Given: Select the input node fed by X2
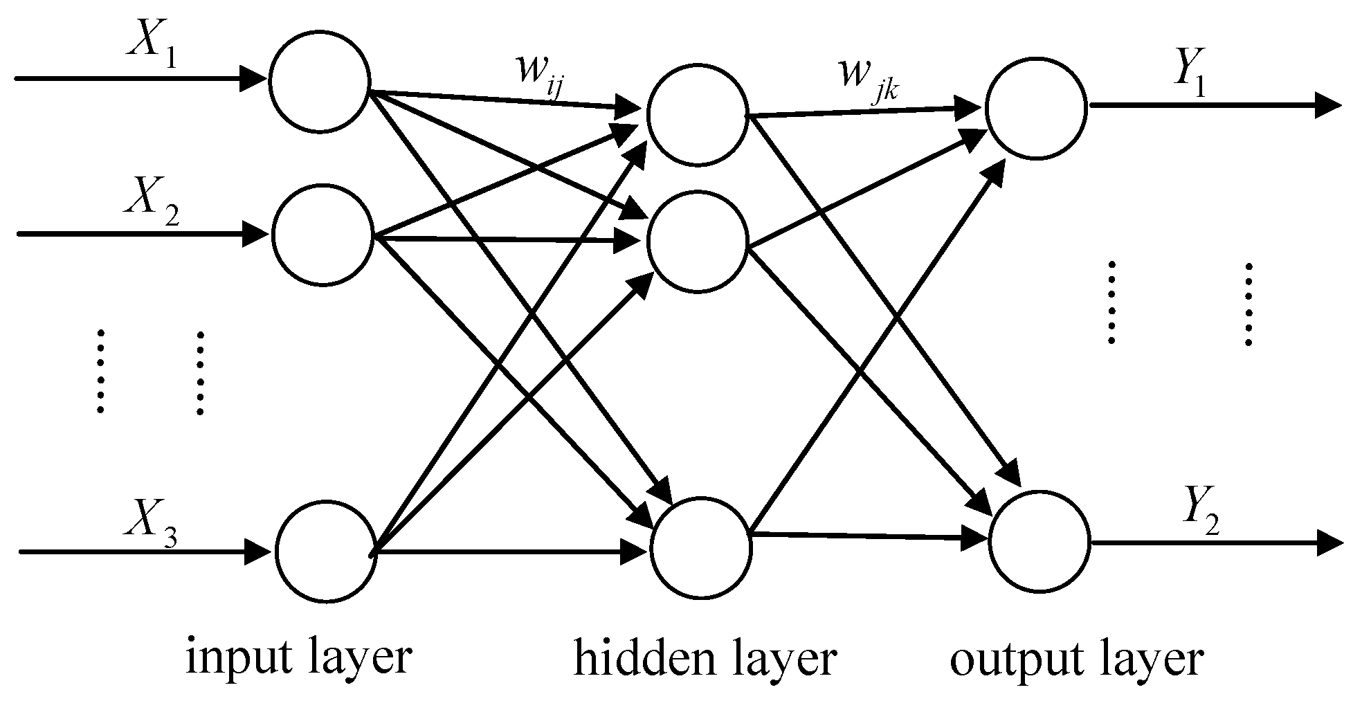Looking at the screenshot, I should pyautogui.click(x=322, y=234).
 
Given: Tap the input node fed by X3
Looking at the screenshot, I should pyautogui.click(x=326, y=551).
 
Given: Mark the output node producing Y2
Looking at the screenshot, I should pyautogui.click(x=1040, y=541).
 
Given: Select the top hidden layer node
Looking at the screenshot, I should pyautogui.click(x=697, y=115).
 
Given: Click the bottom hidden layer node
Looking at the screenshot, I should pyautogui.click(x=701, y=547).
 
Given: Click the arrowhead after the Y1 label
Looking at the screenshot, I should pyautogui.click(x=1329, y=106).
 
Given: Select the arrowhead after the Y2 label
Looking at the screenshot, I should pyautogui.click(x=1330, y=543).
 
